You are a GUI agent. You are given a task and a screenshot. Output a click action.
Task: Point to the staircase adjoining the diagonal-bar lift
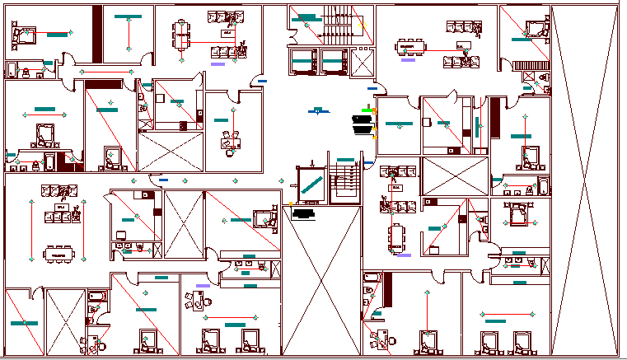345,182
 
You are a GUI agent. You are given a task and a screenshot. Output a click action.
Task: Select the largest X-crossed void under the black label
321,280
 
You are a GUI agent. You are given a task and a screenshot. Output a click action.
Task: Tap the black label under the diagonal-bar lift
304,213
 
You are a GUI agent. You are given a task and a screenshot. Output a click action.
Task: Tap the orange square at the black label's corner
292,203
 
